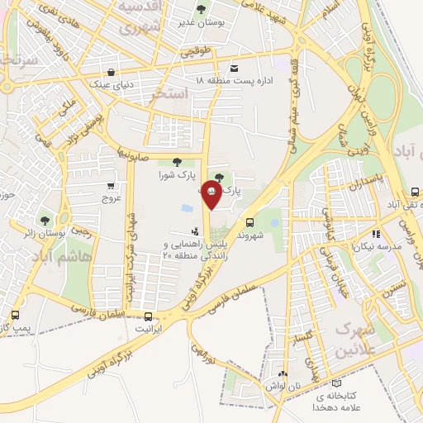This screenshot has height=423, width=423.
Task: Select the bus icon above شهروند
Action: pyautogui.click(x=250, y=221)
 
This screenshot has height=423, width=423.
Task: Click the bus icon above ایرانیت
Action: pyautogui.click(x=148, y=316)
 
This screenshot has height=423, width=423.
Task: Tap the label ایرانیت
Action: pyautogui.click(x=148, y=328)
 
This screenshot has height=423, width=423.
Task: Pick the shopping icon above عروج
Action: pyautogui.click(x=111, y=185)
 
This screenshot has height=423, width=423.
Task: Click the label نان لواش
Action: pyautogui.click(x=280, y=386)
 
